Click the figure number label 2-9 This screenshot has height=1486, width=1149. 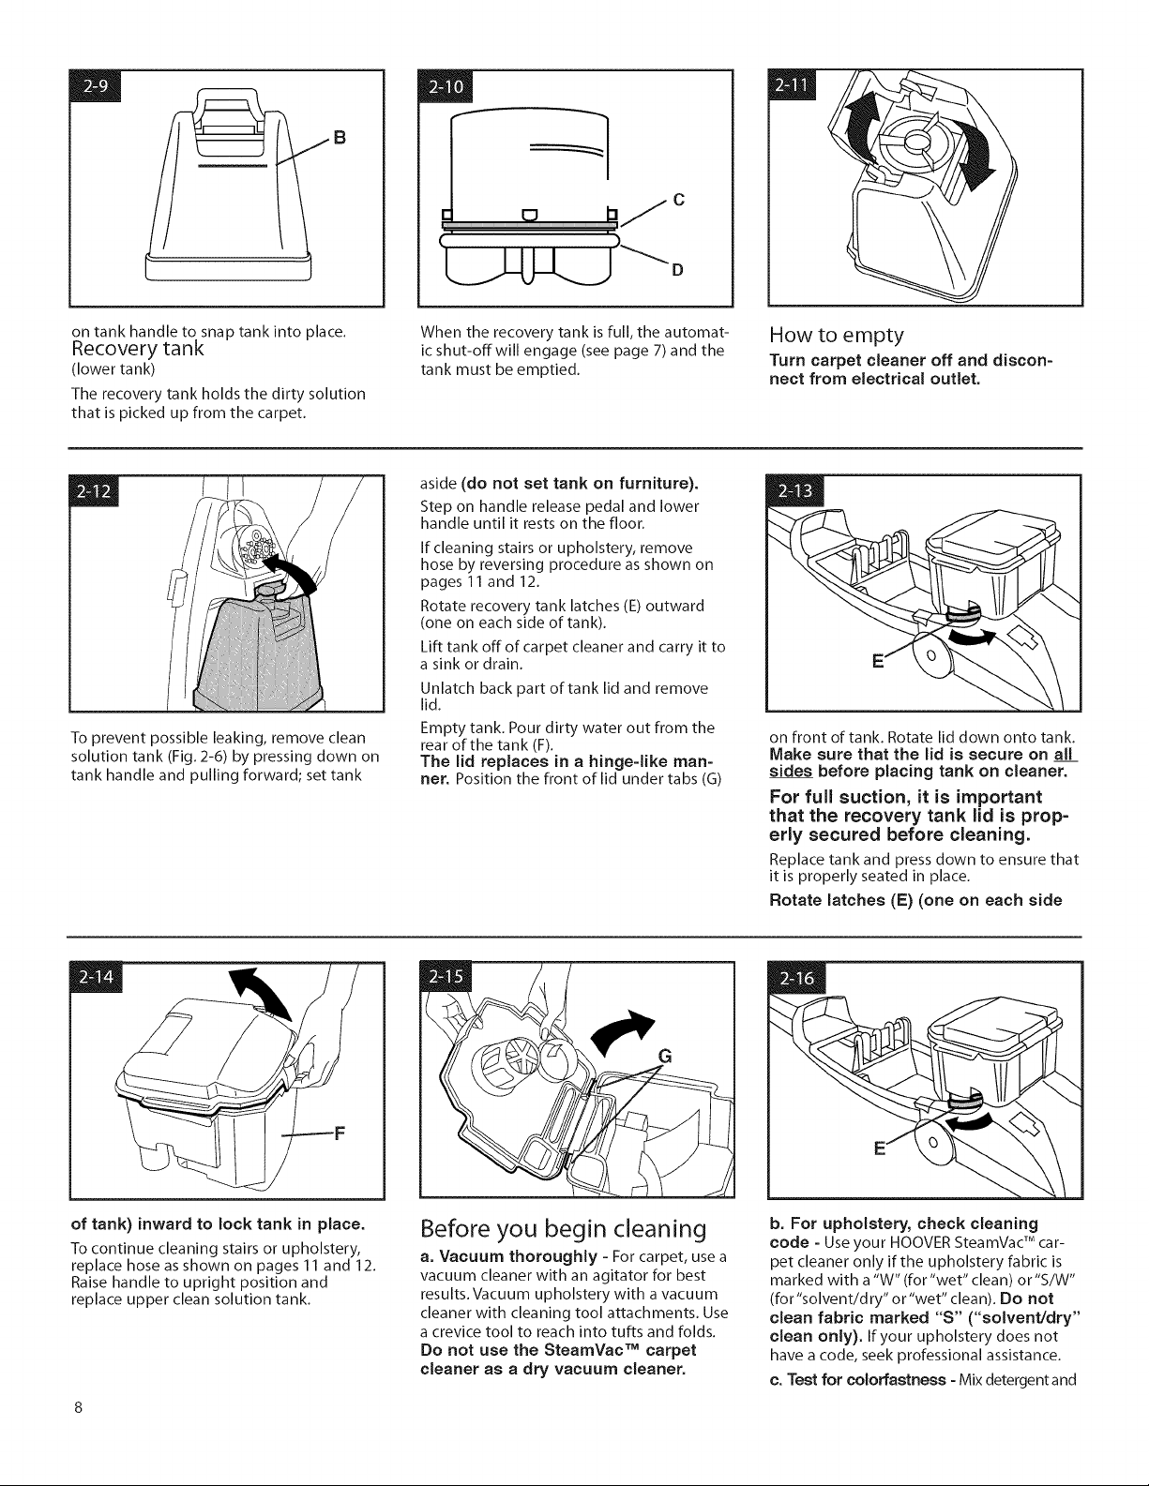95,85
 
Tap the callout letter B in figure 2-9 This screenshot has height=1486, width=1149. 340,139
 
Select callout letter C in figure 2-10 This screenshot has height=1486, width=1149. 679,200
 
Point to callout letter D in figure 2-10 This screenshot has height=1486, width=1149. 677,270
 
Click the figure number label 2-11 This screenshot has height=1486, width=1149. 793,85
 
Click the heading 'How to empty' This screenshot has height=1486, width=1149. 837,335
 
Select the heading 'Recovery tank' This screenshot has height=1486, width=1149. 138,349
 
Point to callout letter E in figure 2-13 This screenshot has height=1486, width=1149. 878,662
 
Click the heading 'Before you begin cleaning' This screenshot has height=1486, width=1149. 564,1229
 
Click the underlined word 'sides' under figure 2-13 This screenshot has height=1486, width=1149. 791,772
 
